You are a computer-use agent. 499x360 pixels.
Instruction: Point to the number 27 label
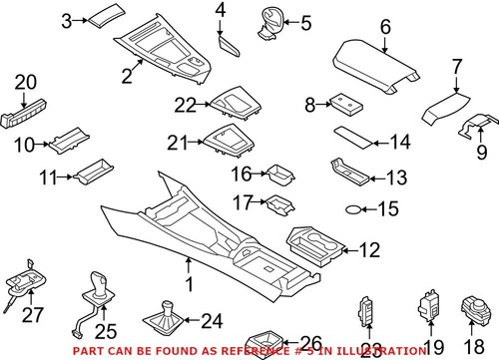(x=33, y=316)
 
